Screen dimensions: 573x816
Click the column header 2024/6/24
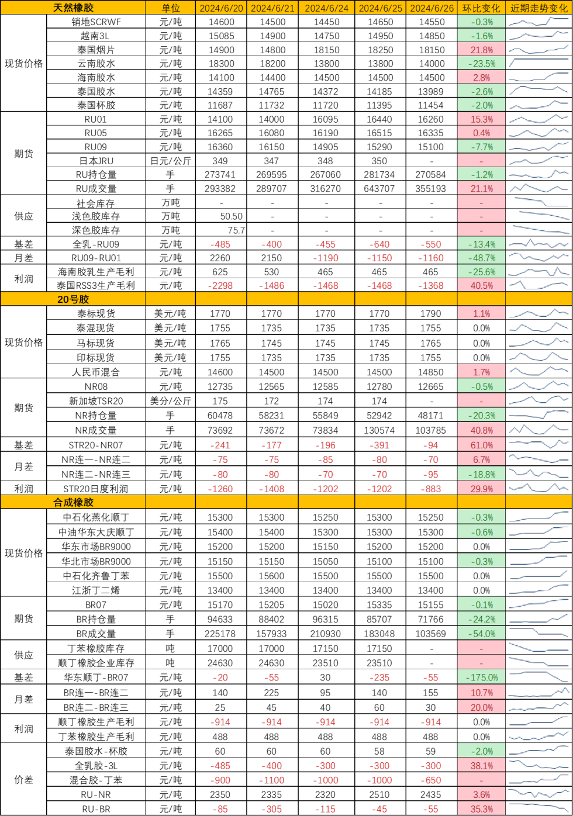tap(326, 8)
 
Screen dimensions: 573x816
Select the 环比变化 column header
tap(481, 8)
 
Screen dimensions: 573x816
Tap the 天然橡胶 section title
tap(73, 8)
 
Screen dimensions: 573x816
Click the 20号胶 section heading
tap(73, 299)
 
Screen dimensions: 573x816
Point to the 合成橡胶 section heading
tap(73, 502)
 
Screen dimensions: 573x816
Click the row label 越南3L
tap(95, 36)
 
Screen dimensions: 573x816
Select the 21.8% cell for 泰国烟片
tap(482, 50)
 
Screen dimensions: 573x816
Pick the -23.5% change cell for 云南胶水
tap(482, 63)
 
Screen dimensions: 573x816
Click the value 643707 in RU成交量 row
tap(379, 189)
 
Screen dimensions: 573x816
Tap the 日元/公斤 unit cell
tap(171, 161)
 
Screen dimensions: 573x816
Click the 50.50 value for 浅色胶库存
tap(231, 216)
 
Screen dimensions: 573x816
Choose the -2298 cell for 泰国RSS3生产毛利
tap(220, 286)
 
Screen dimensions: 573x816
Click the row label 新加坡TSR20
tap(96, 401)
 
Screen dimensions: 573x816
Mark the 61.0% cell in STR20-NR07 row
tap(482, 445)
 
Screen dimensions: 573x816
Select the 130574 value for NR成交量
tap(379, 430)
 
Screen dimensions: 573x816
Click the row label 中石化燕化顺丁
tap(96, 517)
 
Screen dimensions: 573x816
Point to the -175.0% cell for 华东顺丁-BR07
tap(482, 677)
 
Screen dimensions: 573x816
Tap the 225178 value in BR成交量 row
tap(220, 634)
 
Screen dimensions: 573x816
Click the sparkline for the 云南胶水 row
tap(539, 63)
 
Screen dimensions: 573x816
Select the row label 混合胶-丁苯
tap(96, 780)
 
